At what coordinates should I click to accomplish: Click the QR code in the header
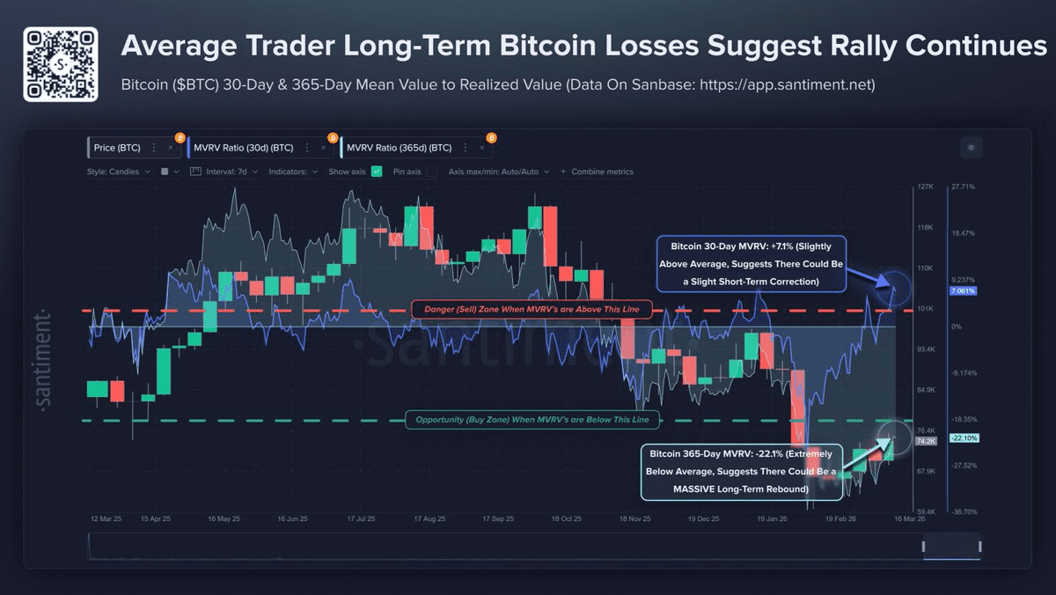click(x=59, y=63)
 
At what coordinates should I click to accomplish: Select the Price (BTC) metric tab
click(x=116, y=148)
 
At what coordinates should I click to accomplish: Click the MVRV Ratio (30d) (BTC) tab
click(x=244, y=148)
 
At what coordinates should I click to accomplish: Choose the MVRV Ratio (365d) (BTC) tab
click(x=400, y=148)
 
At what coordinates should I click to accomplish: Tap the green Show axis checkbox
click(x=377, y=172)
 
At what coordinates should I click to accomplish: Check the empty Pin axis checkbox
click(x=431, y=172)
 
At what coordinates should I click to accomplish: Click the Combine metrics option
click(x=602, y=172)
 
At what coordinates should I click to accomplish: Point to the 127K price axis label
click(x=924, y=187)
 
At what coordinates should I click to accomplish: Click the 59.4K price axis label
click(x=924, y=511)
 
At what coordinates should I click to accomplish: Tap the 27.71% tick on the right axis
click(x=963, y=187)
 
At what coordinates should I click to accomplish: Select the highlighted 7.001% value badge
click(x=962, y=290)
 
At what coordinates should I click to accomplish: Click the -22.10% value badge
click(x=963, y=438)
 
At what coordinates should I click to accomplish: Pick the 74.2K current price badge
click(x=925, y=441)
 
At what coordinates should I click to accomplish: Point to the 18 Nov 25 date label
click(x=634, y=519)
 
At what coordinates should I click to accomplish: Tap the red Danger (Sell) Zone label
click(x=532, y=309)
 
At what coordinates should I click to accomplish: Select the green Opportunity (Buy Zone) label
click(x=532, y=420)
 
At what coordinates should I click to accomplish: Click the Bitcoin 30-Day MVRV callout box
click(x=750, y=263)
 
